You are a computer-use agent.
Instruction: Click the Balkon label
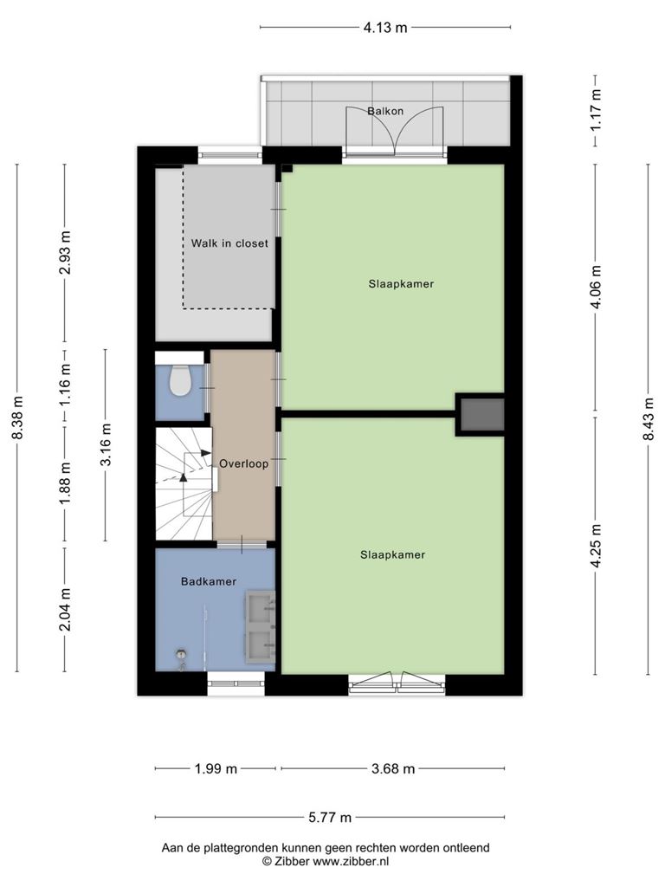coord(385,111)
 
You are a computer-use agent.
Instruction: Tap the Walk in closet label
coord(229,243)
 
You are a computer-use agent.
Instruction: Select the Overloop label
coord(243,464)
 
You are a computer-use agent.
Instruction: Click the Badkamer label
coord(209,581)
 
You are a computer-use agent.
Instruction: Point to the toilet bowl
coord(181,381)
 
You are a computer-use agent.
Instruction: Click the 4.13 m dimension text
coord(385,27)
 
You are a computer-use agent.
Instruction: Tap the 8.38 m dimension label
coord(18,418)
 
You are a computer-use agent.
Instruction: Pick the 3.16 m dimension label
coord(106,444)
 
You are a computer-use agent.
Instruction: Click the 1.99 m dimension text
coord(216,769)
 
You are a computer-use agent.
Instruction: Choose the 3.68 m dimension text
coord(394,769)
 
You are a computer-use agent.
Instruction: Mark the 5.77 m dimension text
coord(330,818)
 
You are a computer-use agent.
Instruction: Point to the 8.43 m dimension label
coord(649,418)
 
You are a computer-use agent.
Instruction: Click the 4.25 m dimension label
coord(597,546)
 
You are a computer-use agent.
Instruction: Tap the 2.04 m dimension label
coord(66,609)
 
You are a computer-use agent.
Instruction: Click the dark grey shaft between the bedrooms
coord(481,414)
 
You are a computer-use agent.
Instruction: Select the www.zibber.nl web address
coord(351,862)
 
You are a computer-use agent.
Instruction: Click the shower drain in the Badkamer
coord(182,654)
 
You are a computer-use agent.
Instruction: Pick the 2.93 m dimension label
coord(66,252)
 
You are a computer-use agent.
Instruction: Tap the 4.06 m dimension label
coord(597,287)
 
